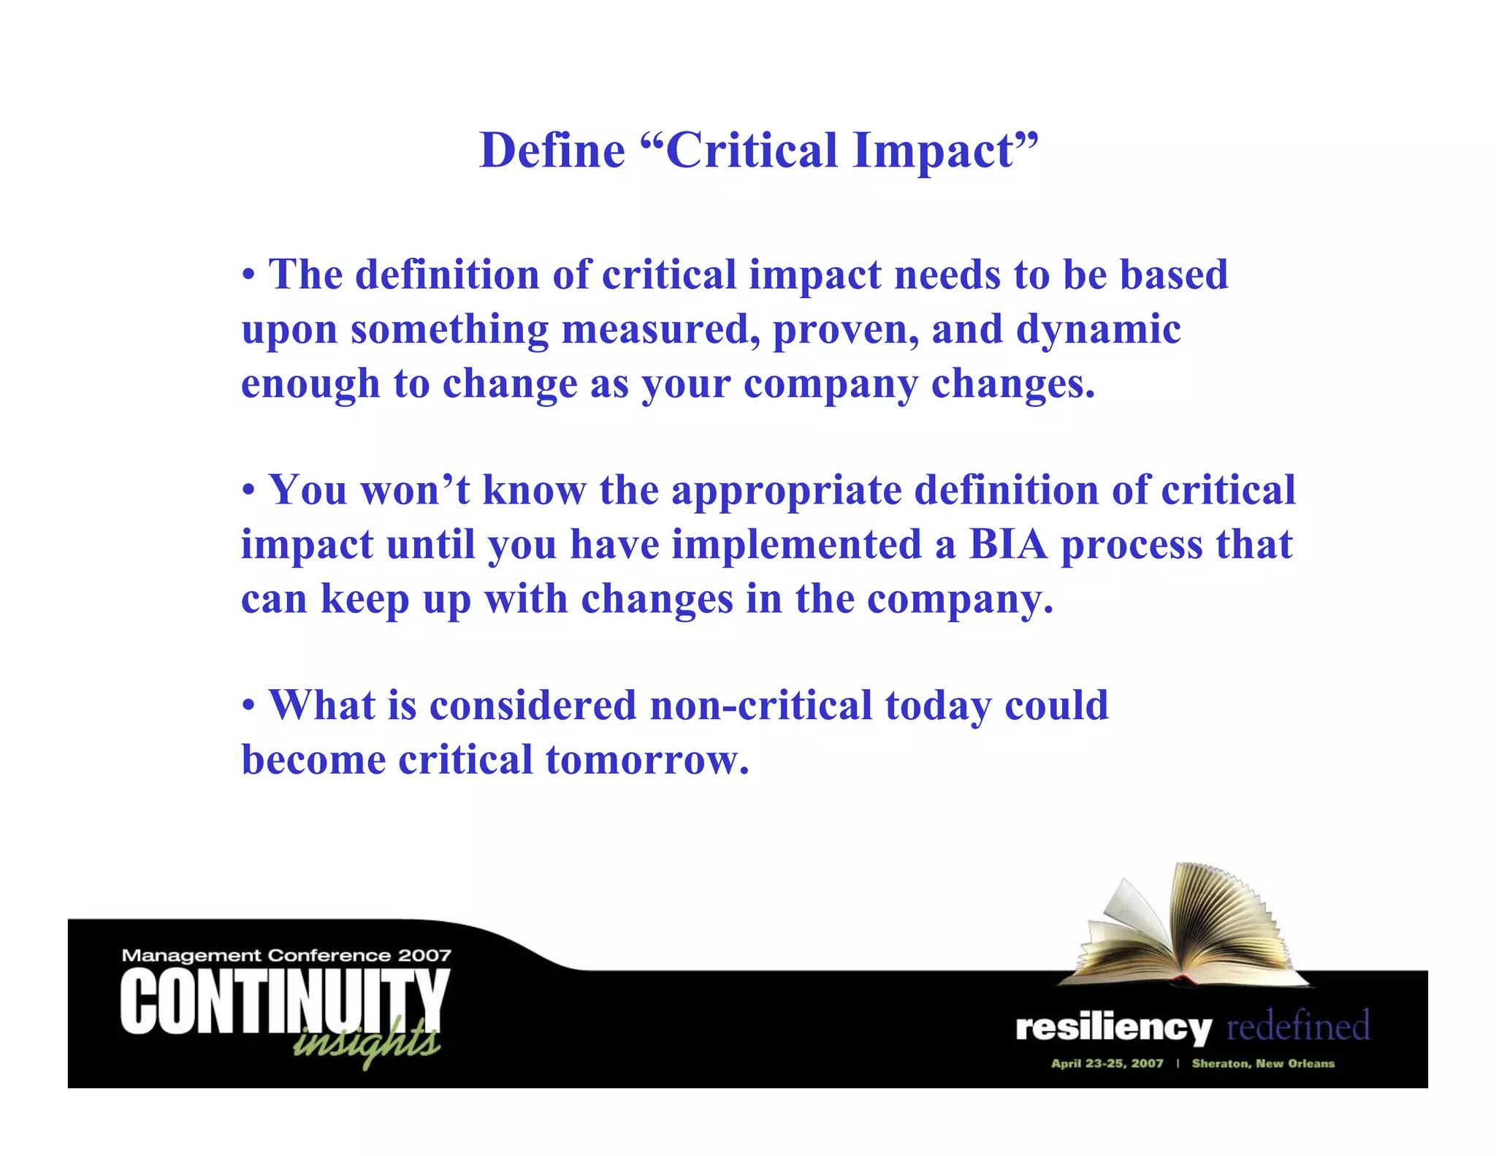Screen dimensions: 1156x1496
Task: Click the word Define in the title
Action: coord(552,151)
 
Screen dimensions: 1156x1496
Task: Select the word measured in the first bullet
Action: coord(655,330)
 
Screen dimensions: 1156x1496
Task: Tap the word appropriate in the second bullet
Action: coord(787,491)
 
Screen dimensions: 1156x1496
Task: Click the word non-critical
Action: coord(761,706)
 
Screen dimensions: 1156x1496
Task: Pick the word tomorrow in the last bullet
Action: coord(647,761)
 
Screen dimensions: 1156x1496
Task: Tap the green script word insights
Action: coord(365,1041)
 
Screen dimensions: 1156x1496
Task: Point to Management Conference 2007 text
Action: coord(286,955)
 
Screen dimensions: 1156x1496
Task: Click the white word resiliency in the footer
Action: coord(1113,1028)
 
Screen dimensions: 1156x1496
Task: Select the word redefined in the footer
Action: coord(1297,1026)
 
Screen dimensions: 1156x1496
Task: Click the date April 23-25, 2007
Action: coord(1107,1064)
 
